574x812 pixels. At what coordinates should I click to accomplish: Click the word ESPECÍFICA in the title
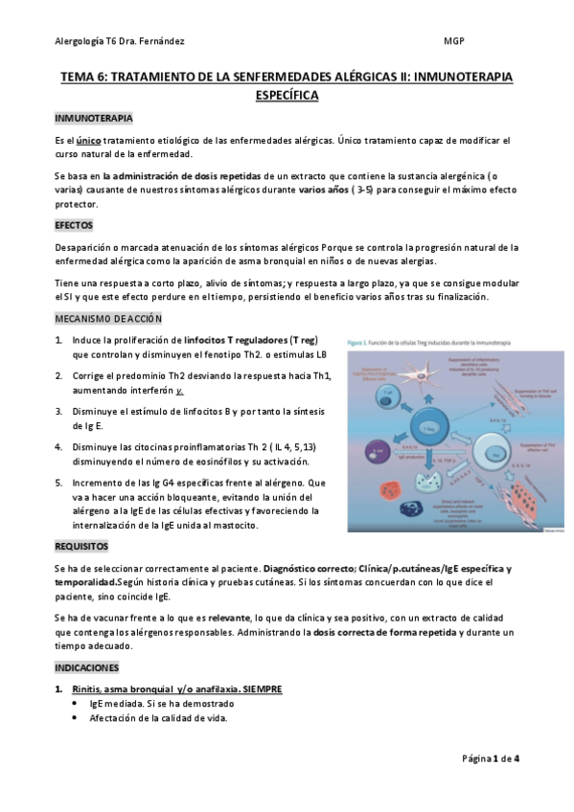click(x=287, y=96)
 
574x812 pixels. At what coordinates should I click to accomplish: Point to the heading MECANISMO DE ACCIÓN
click(x=108, y=319)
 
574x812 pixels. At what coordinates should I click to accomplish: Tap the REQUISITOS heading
click(x=84, y=546)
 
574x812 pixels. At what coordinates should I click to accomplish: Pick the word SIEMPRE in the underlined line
click(x=262, y=688)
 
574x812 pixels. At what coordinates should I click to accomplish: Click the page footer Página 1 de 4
click(x=490, y=758)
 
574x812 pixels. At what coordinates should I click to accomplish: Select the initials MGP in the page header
click(x=455, y=41)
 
